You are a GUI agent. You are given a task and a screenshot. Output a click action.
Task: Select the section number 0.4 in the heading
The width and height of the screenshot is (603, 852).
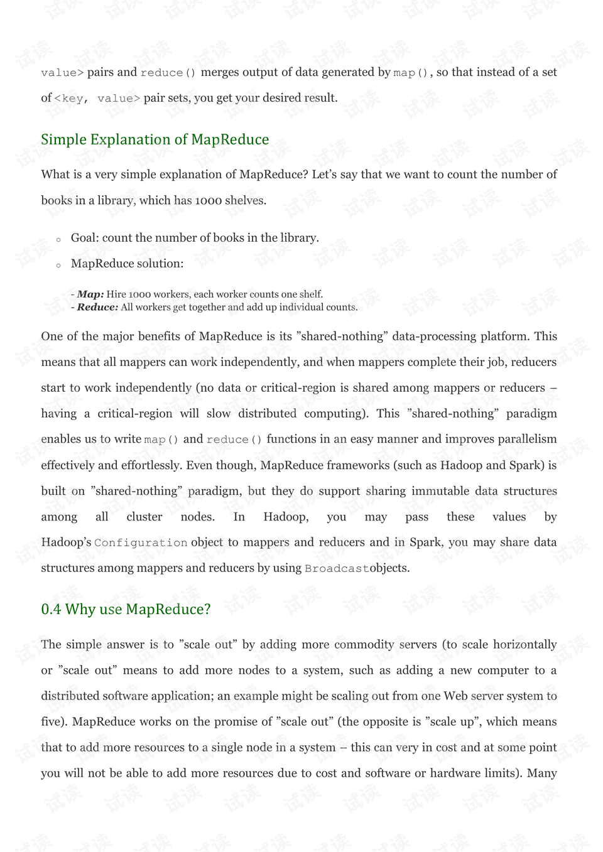pyautogui.click(x=51, y=609)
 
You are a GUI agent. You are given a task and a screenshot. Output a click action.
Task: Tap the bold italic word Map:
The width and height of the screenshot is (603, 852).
pyautogui.click(x=90, y=294)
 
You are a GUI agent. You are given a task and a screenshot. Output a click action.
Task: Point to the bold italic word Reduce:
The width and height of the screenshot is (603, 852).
pyautogui.click(x=97, y=307)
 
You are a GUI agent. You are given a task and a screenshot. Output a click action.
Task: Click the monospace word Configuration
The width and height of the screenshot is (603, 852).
pyautogui.click(x=141, y=542)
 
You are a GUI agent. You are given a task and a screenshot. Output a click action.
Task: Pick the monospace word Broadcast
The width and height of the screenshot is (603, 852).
pyautogui.click(x=337, y=568)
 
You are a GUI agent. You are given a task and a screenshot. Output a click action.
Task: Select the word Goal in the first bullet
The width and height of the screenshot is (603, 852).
pyautogui.click(x=84, y=238)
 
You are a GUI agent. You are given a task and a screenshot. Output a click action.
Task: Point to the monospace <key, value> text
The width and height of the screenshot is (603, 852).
pyautogui.click(x=97, y=98)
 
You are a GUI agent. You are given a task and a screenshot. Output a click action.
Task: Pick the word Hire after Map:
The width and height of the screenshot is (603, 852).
pyautogui.click(x=116, y=294)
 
